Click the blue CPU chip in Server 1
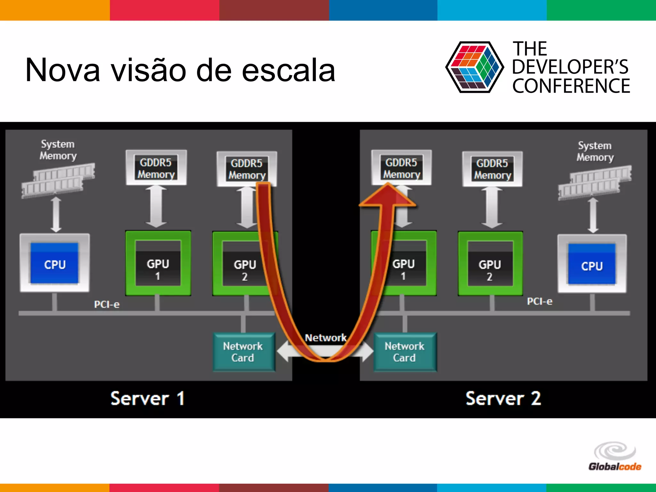click(x=54, y=263)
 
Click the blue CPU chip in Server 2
click(x=592, y=265)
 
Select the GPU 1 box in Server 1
click(x=158, y=263)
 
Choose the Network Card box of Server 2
click(x=405, y=352)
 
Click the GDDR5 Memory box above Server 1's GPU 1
click(x=156, y=168)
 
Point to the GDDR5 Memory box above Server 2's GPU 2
click(x=492, y=169)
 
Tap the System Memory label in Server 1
click(x=58, y=150)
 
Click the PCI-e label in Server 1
click(x=107, y=304)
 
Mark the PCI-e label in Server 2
click(x=540, y=301)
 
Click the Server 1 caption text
click(x=147, y=398)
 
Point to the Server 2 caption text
click(x=503, y=398)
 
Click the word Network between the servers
click(x=325, y=338)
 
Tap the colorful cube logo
click(x=474, y=67)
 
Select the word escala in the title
click(x=288, y=70)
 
